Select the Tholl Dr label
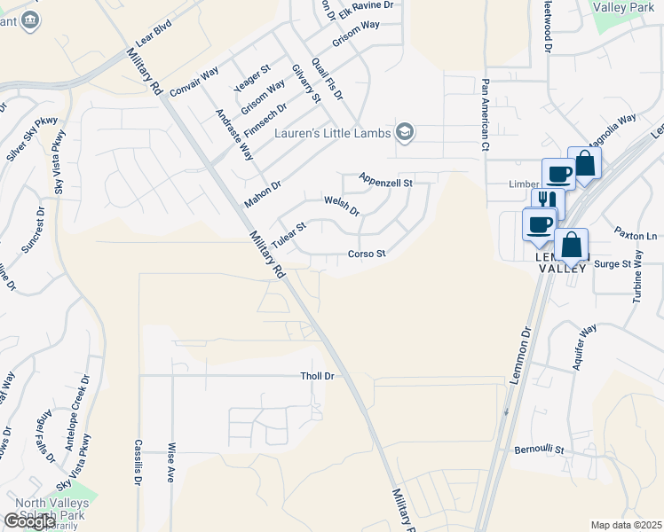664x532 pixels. (x=317, y=376)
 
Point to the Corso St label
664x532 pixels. (x=367, y=254)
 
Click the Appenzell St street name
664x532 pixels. (x=386, y=181)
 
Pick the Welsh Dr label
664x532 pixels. (x=341, y=207)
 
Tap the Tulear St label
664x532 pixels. (x=289, y=235)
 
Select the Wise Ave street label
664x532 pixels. (x=171, y=462)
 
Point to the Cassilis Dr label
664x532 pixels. (x=138, y=462)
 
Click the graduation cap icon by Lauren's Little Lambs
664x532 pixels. (x=406, y=133)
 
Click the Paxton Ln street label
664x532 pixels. (x=636, y=236)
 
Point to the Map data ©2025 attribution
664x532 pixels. (x=626, y=525)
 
